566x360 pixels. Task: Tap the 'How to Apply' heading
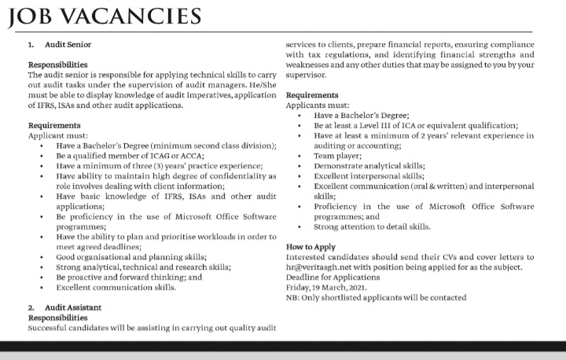point(312,247)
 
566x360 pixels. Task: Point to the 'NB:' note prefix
point(293,298)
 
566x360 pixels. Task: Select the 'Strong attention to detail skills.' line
point(372,226)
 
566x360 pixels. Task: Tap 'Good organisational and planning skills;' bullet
point(131,257)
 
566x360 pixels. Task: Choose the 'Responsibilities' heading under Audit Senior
point(57,64)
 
